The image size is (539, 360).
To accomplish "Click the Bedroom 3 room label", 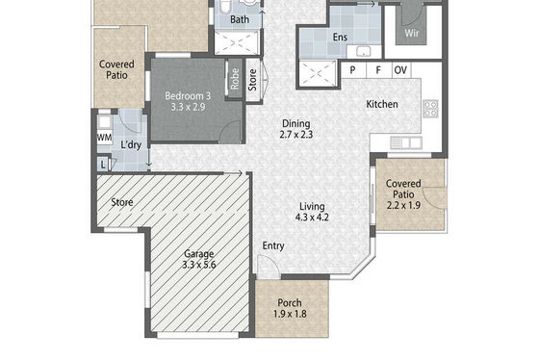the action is click(x=188, y=101).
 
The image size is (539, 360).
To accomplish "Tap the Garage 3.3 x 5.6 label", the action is click(x=199, y=259).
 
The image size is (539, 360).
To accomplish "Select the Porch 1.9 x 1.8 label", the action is click(x=290, y=308).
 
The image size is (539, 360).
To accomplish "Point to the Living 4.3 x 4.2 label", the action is click(x=312, y=212).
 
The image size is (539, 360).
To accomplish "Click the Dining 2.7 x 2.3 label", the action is click(x=296, y=129).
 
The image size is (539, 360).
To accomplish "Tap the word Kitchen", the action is click(x=382, y=104).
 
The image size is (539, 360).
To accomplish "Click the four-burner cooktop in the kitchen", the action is click(x=430, y=109).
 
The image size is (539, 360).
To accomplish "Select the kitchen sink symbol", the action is click(x=406, y=142).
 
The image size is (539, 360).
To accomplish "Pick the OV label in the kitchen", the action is click(x=400, y=70).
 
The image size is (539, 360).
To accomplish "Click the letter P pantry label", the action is click(x=352, y=70).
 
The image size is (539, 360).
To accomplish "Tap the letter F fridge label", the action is click(x=378, y=70).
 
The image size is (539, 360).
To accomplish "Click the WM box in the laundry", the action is click(x=104, y=138).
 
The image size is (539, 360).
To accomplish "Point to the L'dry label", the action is click(x=131, y=144).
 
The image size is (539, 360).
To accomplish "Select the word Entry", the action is click(x=273, y=245).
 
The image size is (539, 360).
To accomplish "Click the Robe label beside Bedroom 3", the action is click(x=235, y=79).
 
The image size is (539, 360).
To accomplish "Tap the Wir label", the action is click(x=412, y=34).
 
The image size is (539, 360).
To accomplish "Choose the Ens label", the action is click(x=340, y=37).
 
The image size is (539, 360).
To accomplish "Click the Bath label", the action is click(x=240, y=19).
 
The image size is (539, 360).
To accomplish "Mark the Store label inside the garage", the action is click(x=122, y=202).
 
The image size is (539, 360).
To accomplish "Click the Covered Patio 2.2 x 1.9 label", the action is click(x=403, y=194).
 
